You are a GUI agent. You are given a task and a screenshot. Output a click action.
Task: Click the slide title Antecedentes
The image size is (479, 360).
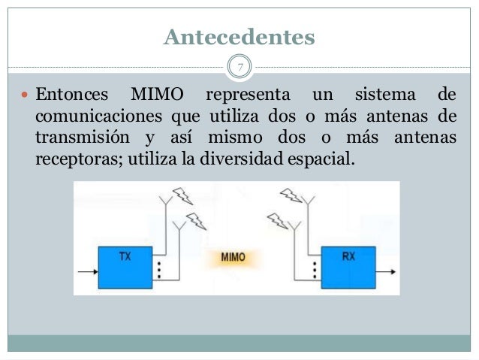pos(239,36)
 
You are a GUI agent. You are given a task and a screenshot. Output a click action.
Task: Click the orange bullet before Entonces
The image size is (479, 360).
pos(23,97)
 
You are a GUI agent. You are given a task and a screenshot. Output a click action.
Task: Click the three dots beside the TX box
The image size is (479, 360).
pos(159,270)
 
